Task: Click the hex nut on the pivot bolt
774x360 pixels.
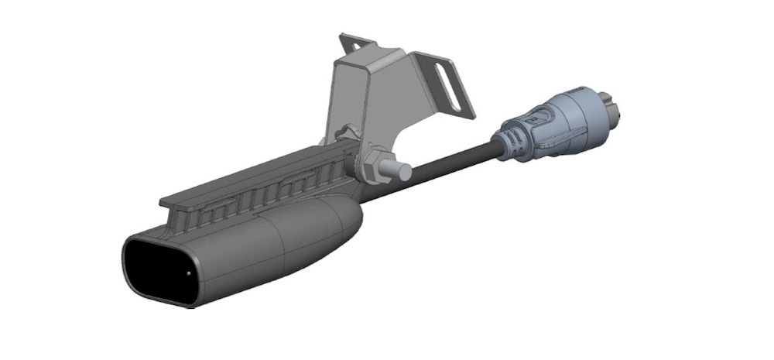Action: [373, 166]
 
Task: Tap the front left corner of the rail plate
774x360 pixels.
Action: [165, 202]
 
